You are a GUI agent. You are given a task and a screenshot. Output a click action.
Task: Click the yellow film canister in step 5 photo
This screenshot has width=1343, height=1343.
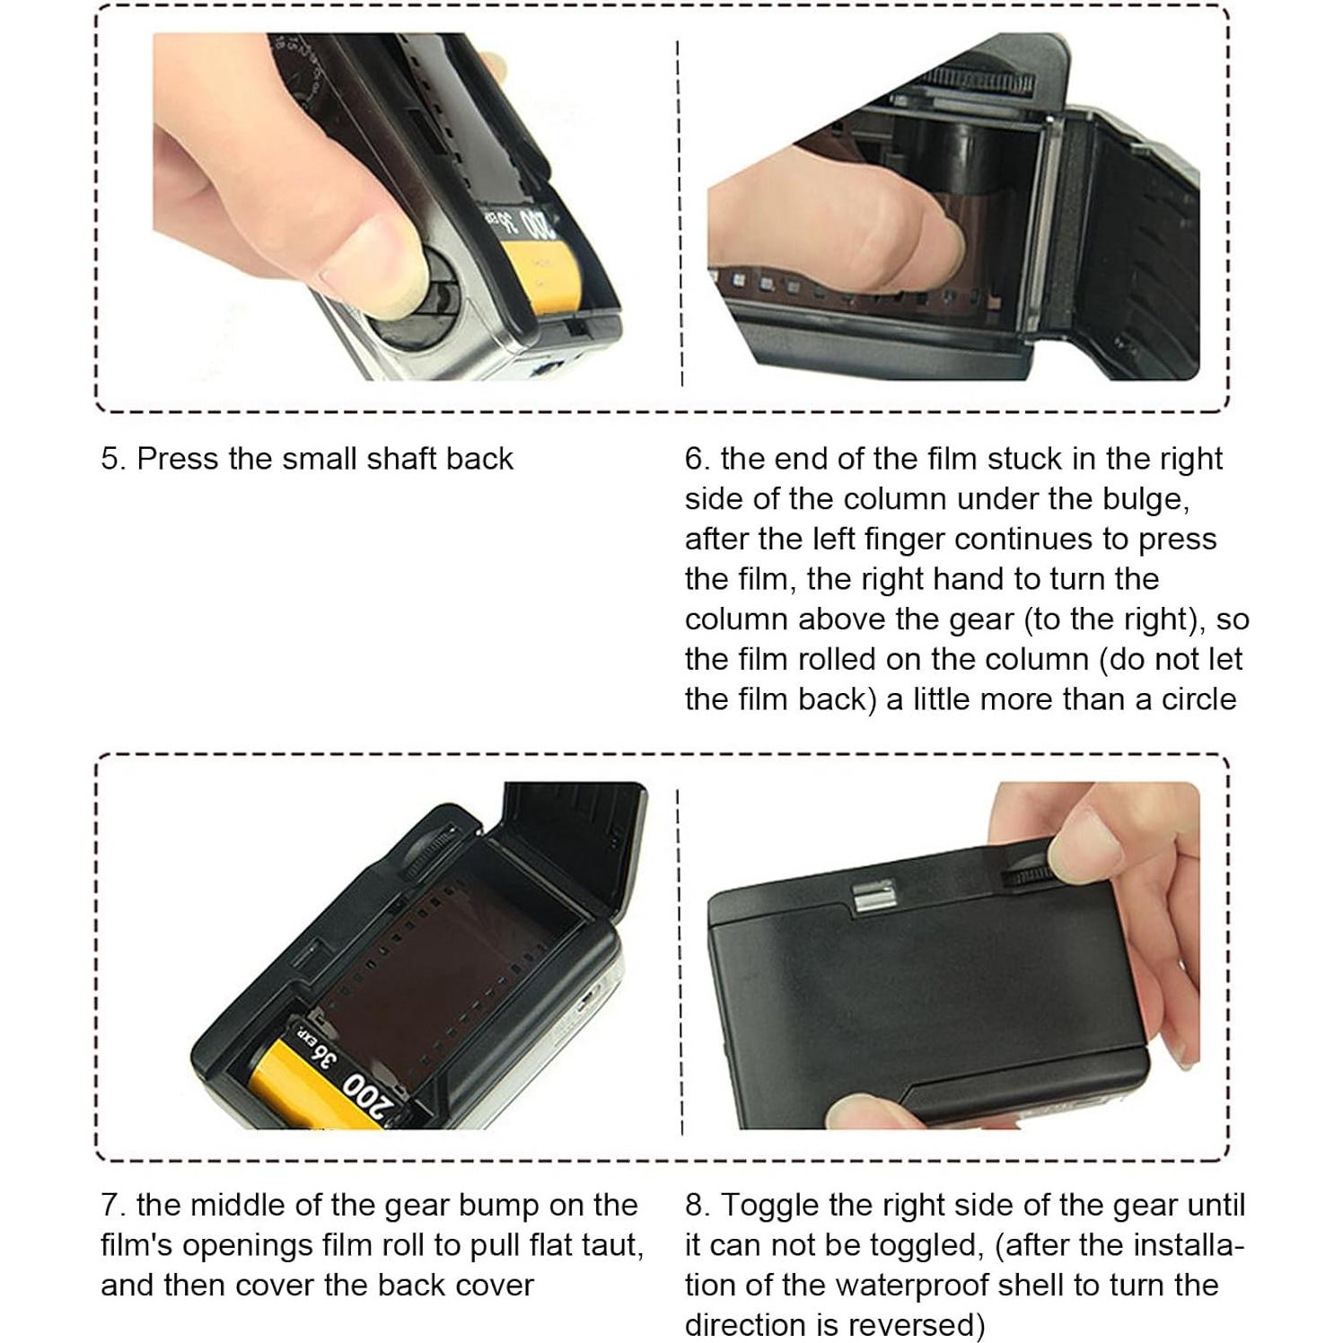(x=548, y=274)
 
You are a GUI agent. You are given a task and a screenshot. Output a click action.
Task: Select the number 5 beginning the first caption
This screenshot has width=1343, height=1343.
(x=111, y=459)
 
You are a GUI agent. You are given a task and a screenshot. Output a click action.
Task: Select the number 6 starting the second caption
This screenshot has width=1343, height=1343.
(x=696, y=459)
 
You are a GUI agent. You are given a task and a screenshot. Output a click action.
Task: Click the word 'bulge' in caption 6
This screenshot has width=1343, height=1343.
(x=1145, y=499)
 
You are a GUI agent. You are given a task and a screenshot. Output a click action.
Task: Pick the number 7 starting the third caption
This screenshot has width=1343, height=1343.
(x=110, y=1206)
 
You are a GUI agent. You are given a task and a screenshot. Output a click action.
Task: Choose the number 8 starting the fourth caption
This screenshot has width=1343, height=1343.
(x=696, y=1206)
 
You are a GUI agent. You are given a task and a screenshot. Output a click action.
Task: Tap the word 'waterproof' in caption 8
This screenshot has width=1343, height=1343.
(x=917, y=1286)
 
